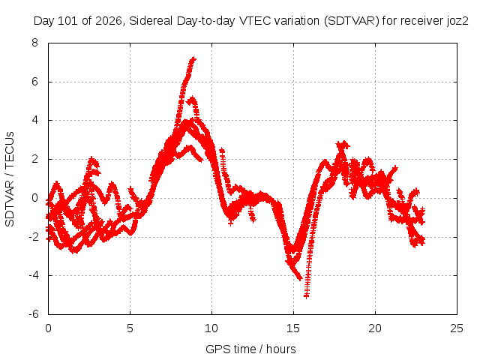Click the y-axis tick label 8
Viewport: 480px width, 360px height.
point(34,43)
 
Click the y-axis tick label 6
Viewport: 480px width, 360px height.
point(34,82)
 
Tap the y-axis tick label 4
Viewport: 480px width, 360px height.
point(34,120)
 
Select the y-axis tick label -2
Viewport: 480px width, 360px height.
point(33,237)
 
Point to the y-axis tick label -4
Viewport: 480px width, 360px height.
point(33,275)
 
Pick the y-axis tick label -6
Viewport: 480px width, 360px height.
point(33,314)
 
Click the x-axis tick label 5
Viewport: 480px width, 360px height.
point(130,328)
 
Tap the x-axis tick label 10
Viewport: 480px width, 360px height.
point(211,328)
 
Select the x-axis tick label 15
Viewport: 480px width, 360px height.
point(293,328)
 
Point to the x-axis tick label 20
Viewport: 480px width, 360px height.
point(375,328)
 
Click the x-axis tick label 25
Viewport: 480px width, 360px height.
point(457,328)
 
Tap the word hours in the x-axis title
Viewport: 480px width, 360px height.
point(281,349)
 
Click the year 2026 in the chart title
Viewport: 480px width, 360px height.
point(109,21)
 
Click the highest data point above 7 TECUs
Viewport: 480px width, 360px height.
point(193,58)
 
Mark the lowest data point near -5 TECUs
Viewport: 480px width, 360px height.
point(306,295)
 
